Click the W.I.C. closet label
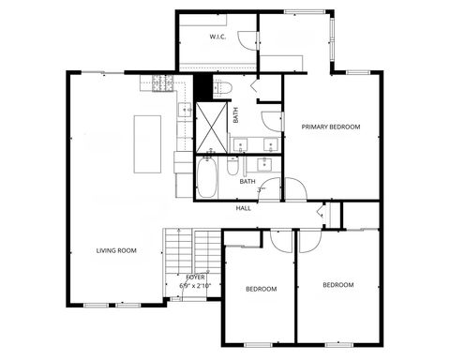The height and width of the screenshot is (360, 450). pyautogui.click(x=217, y=37)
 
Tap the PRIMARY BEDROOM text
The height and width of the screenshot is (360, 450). pyautogui.click(x=330, y=126)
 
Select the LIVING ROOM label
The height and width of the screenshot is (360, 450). pyautogui.click(x=116, y=250)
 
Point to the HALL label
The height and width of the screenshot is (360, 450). pyautogui.click(x=243, y=208)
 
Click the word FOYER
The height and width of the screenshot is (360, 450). pyautogui.click(x=195, y=277)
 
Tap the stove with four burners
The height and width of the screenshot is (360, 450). pyautogui.click(x=155, y=85)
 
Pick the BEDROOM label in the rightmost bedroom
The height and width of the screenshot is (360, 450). pyautogui.click(x=338, y=284)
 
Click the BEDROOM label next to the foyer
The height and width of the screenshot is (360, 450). pyautogui.click(x=262, y=290)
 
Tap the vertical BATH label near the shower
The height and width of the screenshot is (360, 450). pyautogui.click(x=235, y=117)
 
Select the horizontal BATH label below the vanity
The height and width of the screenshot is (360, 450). pyautogui.click(x=247, y=181)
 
